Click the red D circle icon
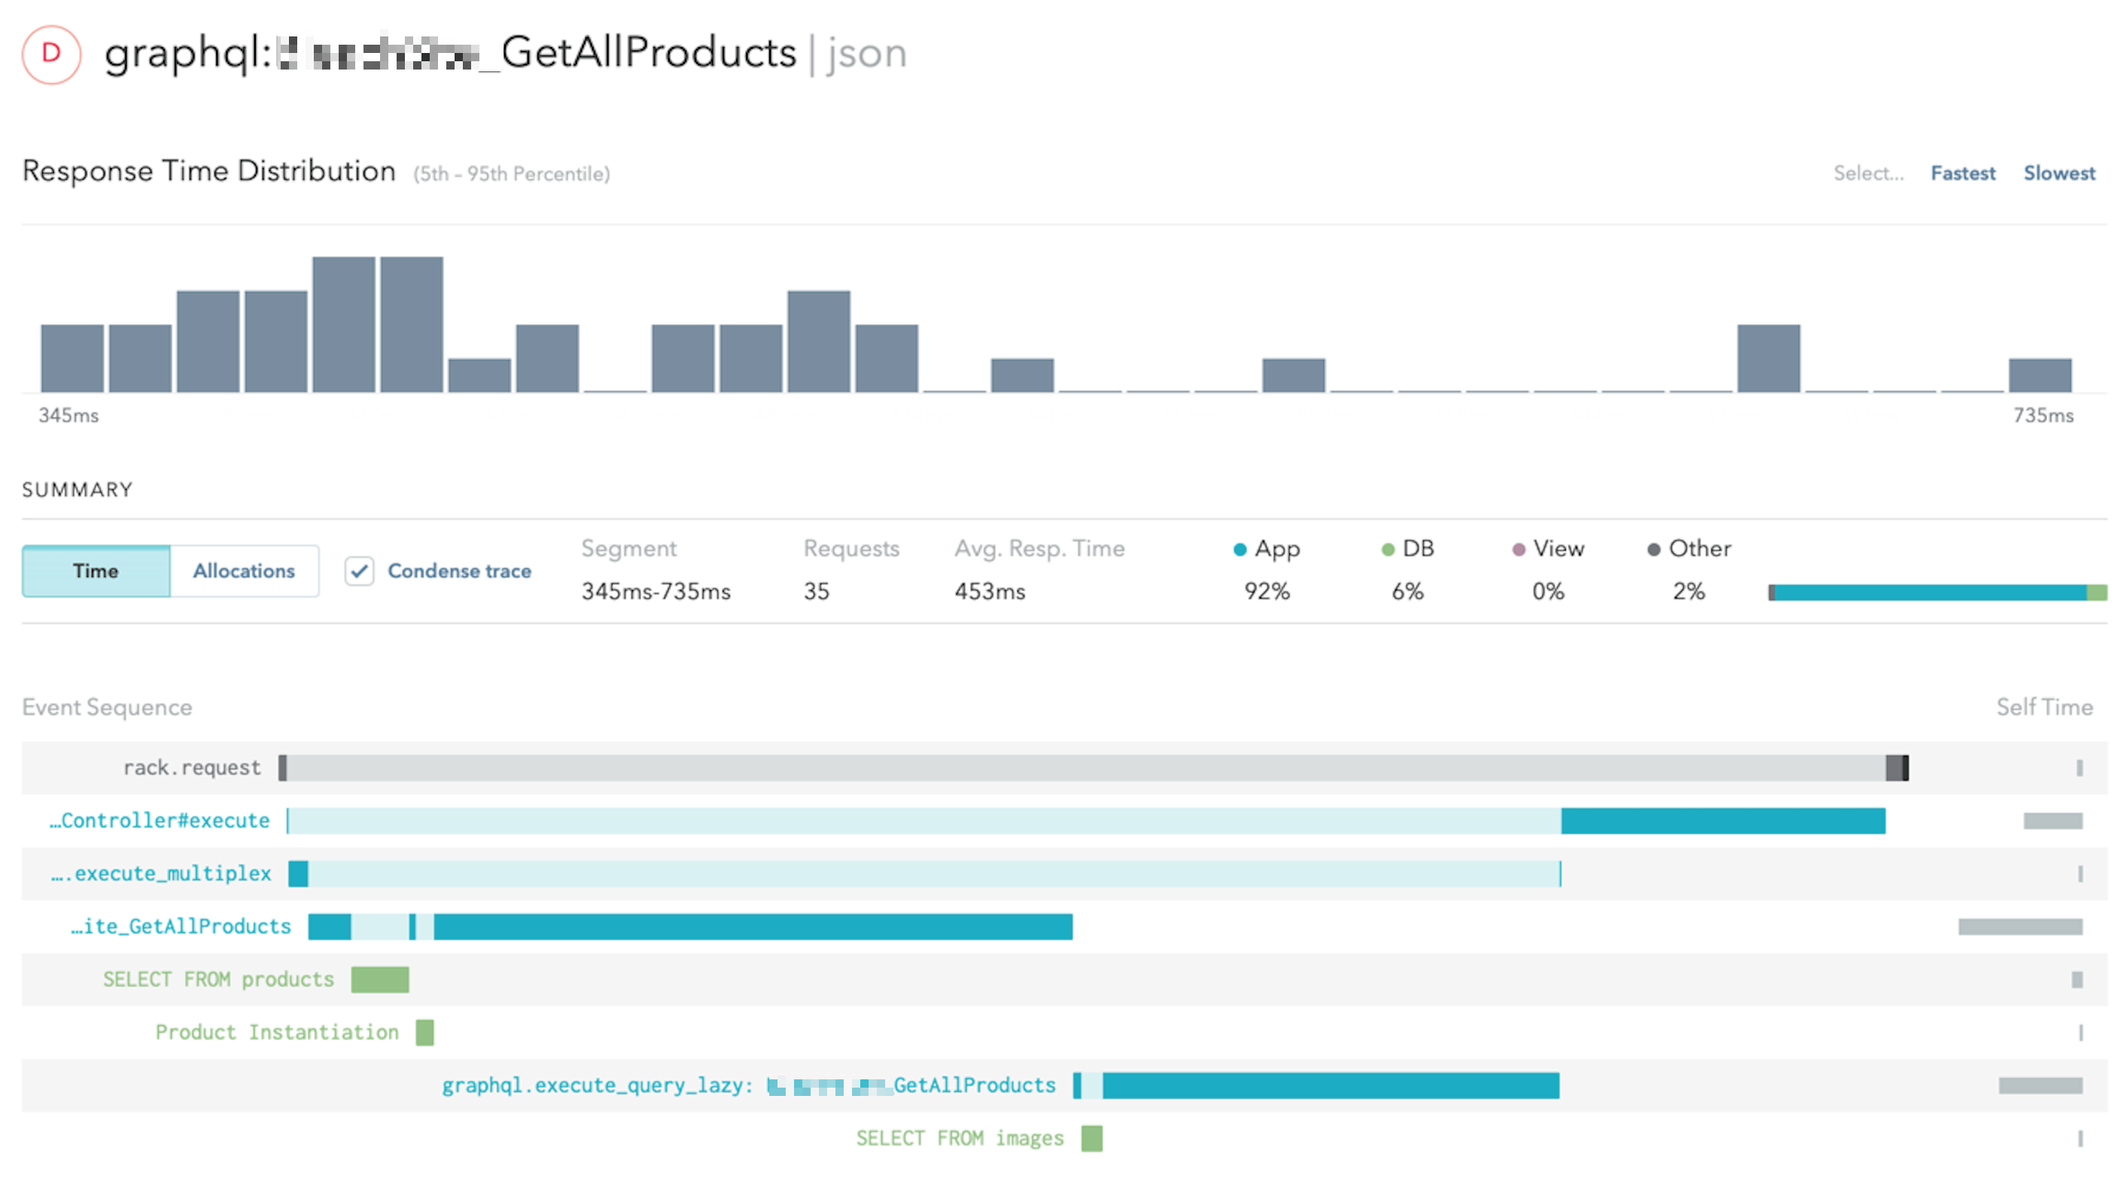click(x=51, y=55)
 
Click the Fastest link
click(x=1962, y=173)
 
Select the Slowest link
click(x=2058, y=173)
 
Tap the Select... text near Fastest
click(x=1868, y=173)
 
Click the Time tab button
click(x=96, y=570)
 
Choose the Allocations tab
click(x=243, y=570)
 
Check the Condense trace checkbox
click(x=359, y=570)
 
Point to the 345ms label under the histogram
click(x=69, y=416)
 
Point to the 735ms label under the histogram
click(x=2043, y=416)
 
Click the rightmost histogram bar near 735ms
click(x=2039, y=375)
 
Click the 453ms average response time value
click(x=989, y=591)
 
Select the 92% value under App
click(x=1266, y=591)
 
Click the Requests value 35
click(x=816, y=591)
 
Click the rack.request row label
click(x=191, y=767)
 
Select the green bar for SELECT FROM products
click(x=379, y=979)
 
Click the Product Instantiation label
click(x=277, y=1032)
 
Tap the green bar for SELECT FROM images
click(x=1091, y=1138)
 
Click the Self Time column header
click(x=2043, y=707)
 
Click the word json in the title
click(x=866, y=54)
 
